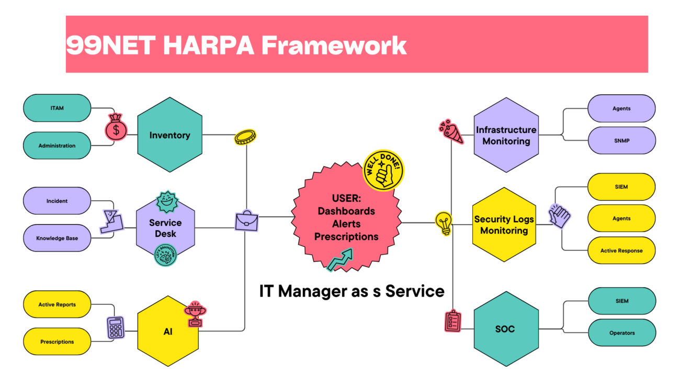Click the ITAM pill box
tap(57, 108)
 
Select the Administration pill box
tap(57, 146)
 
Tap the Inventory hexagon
tap(169, 135)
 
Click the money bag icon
tap(116, 127)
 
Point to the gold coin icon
tap(244, 137)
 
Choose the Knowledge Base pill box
tap(57, 238)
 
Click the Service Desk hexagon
tap(165, 228)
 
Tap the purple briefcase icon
tap(246, 221)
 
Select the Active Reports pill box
tap(57, 304)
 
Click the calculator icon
tap(116, 327)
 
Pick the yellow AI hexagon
tap(168, 332)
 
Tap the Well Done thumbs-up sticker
tap(383, 169)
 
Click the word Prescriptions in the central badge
tap(346, 236)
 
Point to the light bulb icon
tap(444, 223)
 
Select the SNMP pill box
tap(621, 140)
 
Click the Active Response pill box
tap(621, 250)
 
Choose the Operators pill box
tap(622, 333)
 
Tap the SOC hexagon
tap(505, 329)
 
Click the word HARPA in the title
tap(209, 46)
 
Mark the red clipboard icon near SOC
tap(452, 321)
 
